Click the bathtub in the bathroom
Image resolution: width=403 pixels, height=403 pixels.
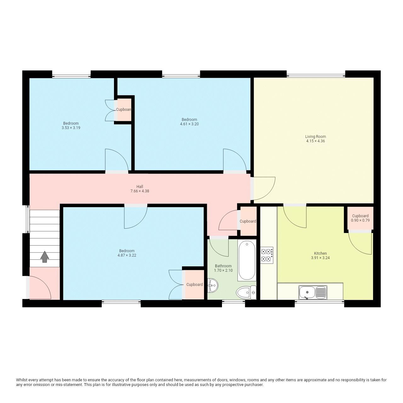click(x=247, y=260)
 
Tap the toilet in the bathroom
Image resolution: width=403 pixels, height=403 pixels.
click(x=246, y=293)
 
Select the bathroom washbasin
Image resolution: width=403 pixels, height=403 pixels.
click(x=213, y=285)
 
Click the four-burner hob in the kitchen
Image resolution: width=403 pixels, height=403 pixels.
click(x=266, y=255)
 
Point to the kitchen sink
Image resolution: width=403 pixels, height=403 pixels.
click(x=313, y=292)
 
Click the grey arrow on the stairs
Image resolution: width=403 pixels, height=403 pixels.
click(x=45, y=257)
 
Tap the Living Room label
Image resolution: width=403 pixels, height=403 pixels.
click(x=315, y=137)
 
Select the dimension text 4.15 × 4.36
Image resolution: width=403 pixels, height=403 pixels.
click(x=315, y=141)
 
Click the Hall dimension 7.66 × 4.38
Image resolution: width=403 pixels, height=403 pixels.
click(x=140, y=191)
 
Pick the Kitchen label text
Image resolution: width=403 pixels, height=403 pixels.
click(x=320, y=253)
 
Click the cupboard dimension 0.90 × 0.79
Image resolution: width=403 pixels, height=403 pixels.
click(x=360, y=220)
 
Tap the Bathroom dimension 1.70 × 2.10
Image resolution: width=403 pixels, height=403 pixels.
click(x=223, y=270)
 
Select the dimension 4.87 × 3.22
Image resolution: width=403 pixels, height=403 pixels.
click(x=127, y=255)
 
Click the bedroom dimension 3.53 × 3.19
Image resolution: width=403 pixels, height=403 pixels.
click(x=71, y=128)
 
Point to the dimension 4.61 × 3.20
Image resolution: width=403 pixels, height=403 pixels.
click(x=189, y=124)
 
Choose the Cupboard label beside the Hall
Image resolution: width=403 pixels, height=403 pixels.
click(x=248, y=221)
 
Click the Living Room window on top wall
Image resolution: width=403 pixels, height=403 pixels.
click(x=316, y=76)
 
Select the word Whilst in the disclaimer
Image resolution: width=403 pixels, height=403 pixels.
click(x=22, y=380)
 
